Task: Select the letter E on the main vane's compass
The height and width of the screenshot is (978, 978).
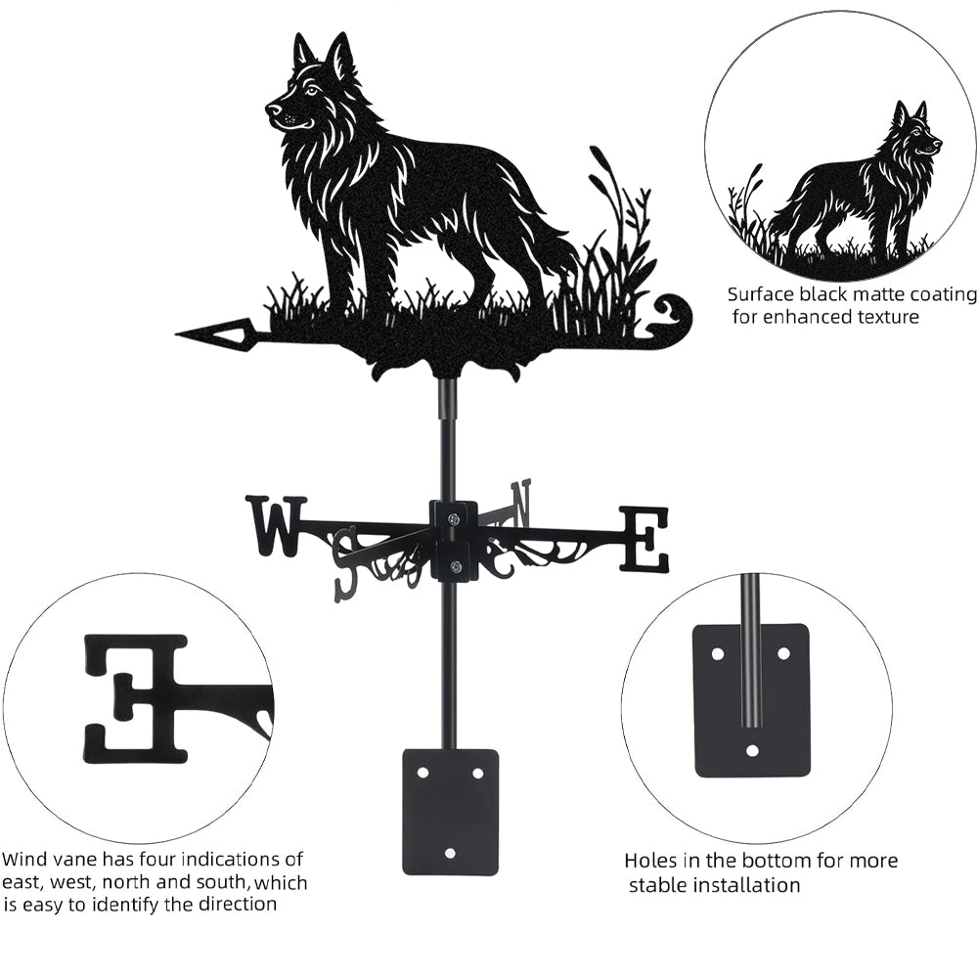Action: coord(644,540)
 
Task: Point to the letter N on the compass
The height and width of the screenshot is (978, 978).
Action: coord(521,502)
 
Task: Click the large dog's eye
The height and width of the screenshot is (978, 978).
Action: coord(311,92)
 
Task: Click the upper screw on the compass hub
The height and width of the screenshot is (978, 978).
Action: coord(454,517)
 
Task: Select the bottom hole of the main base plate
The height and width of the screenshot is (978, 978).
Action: coord(450,852)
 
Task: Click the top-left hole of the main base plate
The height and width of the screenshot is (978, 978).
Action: coord(423,773)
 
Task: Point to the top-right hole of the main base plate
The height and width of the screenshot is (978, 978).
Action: coord(478,774)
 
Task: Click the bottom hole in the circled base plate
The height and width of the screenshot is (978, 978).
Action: coord(751,750)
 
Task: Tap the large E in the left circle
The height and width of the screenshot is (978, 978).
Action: coord(135,700)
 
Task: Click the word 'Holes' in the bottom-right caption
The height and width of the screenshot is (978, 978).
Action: coord(650,861)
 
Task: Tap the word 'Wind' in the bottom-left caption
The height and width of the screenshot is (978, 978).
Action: coord(25,859)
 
